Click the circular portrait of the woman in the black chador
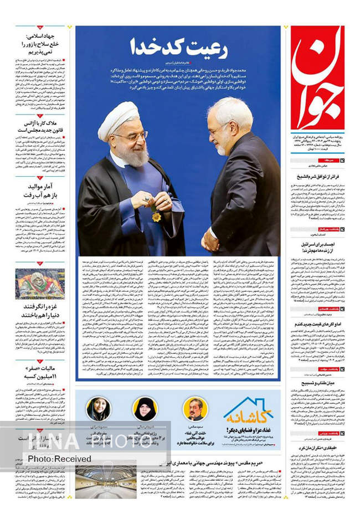click(x=145, y=409)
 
